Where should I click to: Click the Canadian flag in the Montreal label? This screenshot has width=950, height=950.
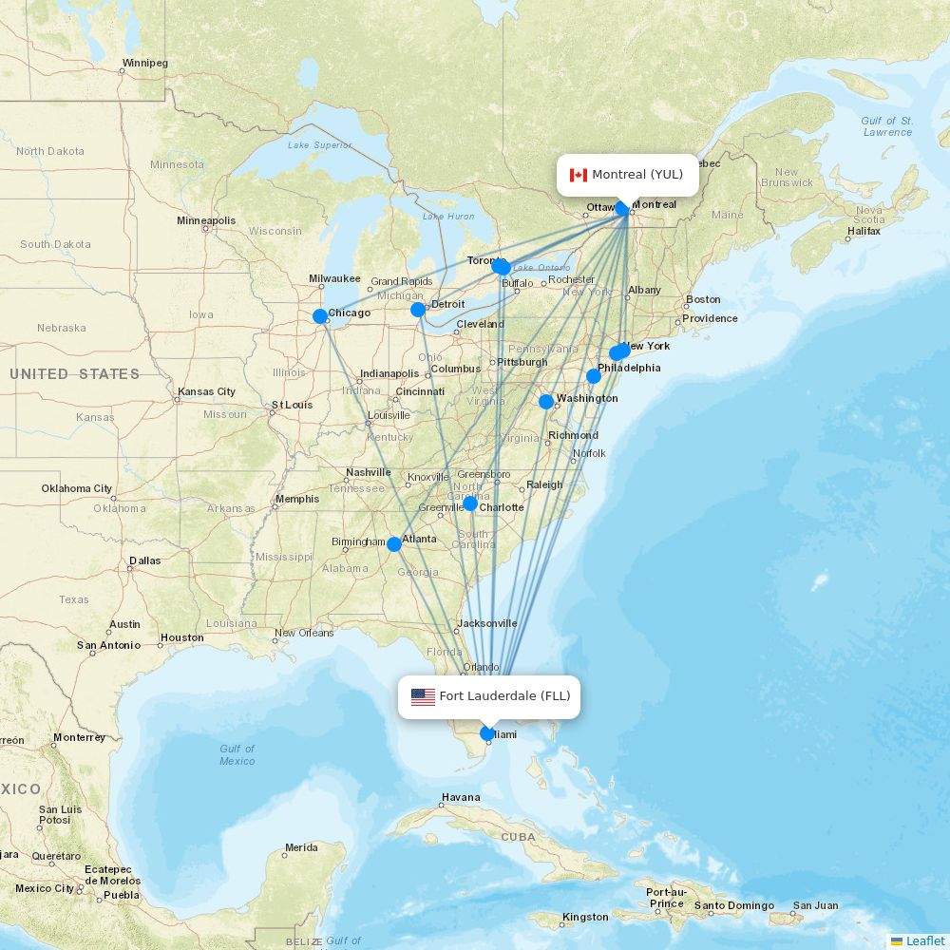coord(578,175)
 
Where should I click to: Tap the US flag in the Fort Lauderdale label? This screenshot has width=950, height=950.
coord(423,696)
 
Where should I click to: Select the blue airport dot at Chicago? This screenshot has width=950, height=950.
coord(320,316)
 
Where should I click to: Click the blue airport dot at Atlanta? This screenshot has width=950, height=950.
coord(394,544)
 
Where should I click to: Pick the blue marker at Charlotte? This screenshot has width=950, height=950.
coord(469,503)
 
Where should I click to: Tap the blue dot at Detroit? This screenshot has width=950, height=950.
coord(418,310)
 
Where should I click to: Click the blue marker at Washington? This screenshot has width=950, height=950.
coord(546,402)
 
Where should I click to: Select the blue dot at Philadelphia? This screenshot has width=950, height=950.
coord(594,376)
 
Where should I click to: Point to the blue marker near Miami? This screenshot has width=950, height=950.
coord(487,733)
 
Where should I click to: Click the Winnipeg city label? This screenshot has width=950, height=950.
coord(144,64)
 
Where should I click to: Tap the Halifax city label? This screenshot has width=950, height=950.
coord(864,231)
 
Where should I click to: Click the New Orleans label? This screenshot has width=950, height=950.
coord(304,633)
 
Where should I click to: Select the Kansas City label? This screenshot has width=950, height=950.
coord(206,391)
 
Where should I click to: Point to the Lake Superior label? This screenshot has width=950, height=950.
coord(319,145)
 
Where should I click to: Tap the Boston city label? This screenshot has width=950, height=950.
coord(703,300)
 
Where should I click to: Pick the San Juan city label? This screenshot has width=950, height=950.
coord(815,905)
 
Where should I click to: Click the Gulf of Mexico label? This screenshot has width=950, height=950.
coord(237,754)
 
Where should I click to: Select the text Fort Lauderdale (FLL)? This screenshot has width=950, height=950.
coord(504,696)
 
